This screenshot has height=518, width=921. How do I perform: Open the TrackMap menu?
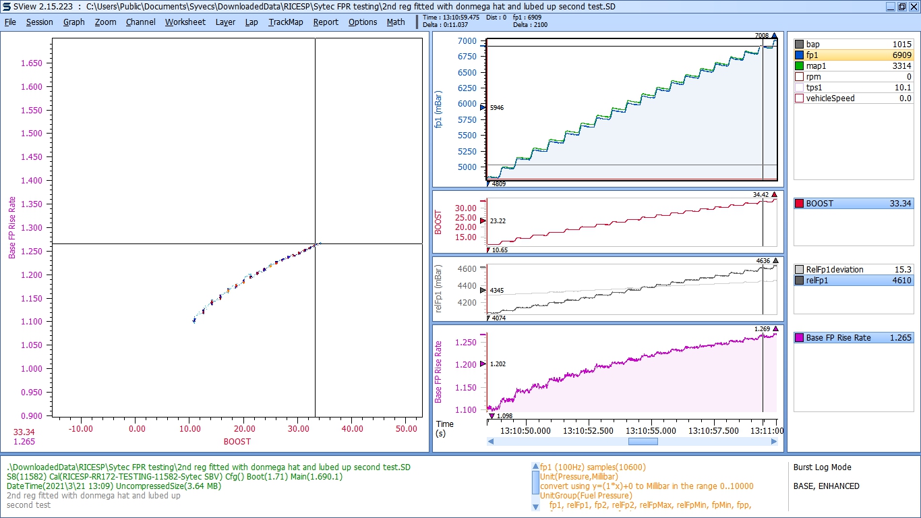pos(286,22)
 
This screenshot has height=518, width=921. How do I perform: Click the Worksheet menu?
pos(185,22)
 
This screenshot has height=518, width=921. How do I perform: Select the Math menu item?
pos(396,22)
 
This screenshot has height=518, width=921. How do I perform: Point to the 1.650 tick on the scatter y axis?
pos(31,63)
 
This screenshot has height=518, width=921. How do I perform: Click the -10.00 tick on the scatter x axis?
pos(81,428)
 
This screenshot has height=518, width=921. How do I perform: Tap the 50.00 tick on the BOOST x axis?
pos(406,428)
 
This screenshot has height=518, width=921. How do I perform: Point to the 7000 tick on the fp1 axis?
pos(467,41)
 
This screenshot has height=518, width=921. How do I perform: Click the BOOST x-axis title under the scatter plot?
pos(237,442)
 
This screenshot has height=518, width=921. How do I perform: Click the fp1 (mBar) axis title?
pos(440,109)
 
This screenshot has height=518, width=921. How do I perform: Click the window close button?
pos(913,6)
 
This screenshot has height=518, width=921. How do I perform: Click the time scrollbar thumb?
pos(643,442)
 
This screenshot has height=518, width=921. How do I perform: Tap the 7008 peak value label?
pos(762,36)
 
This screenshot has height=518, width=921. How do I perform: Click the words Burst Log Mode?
pos(822,467)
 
